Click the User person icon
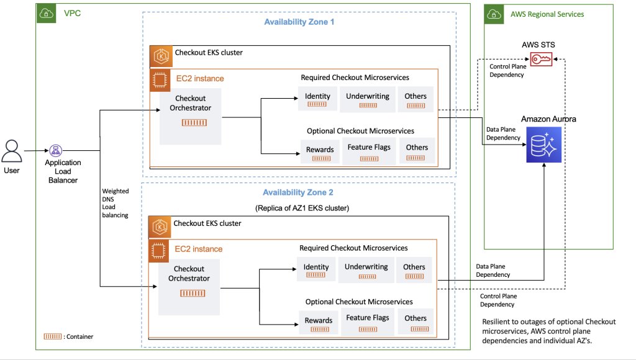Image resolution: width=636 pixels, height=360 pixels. click(x=12, y=151)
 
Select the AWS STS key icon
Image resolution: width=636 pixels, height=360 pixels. click(x=540, y=59)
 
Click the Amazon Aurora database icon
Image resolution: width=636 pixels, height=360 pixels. click(x=543, y=145)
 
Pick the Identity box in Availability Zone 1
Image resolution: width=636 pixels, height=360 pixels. click(x=317, y=99)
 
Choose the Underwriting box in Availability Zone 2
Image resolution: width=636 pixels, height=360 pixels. click(x=366, y=270)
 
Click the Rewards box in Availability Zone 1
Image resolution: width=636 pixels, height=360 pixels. click(x=320, y=152)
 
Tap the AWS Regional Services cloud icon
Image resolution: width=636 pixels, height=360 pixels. click(x=494, y=14)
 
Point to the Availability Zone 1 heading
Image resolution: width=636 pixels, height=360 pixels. click(x=299, y=22)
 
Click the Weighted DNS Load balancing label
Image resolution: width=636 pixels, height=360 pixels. click(x=116, y=203)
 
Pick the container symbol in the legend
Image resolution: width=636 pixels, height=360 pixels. click(x=53, y=336)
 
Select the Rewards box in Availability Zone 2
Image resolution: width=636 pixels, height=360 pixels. click(x=319, y=323)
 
